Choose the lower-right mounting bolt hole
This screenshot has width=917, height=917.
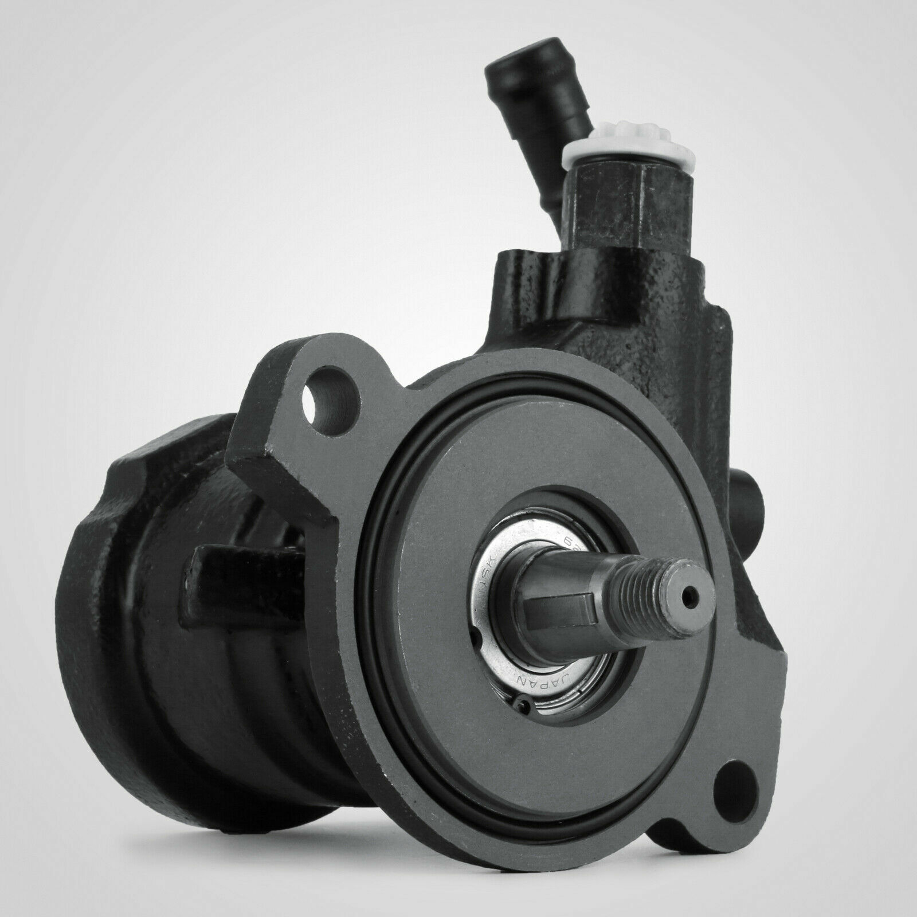pos(733,789)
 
